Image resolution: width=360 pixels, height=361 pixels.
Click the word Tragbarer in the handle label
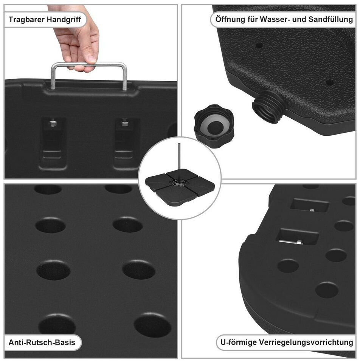click(26, 20)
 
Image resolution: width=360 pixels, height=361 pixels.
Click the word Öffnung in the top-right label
click(230, 19)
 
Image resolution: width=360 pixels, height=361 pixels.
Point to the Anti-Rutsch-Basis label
click(42, 342)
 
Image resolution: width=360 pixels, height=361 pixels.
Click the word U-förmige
click(238, 342)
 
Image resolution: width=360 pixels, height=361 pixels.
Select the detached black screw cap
click(214, 126)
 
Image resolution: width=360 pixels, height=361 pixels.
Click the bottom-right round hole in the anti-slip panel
click(152, 325)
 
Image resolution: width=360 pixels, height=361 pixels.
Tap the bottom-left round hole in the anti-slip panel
click(57, 324)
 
